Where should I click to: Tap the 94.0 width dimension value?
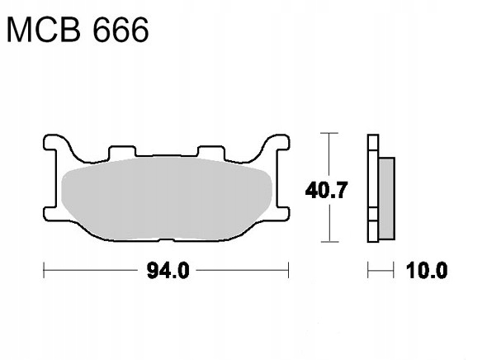[x=166, y=271]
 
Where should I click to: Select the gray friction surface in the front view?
[x=165, y=198]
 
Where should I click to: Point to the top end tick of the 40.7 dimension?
[x=329, y=133]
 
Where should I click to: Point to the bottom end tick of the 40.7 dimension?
[x=329, y=242]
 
